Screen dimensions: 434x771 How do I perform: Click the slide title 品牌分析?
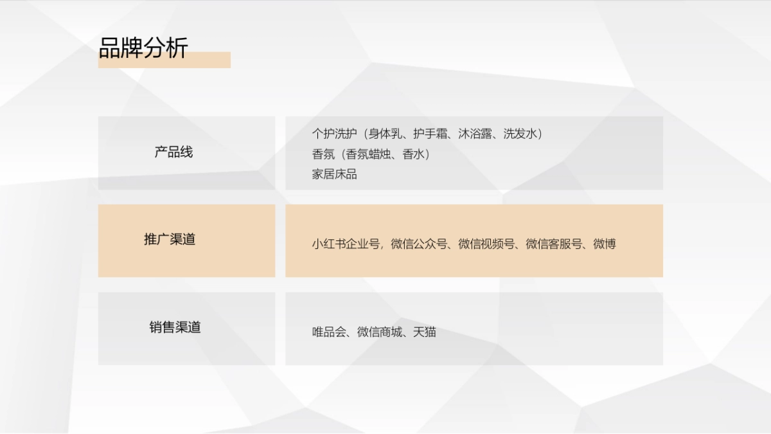tap(143, 48)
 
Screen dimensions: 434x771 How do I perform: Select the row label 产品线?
tap(173, 152)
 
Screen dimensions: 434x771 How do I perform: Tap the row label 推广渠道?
tap(170, 240)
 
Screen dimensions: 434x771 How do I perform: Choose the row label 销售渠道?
tap(175, 327)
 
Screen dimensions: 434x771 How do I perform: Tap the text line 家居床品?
tap(334, 174)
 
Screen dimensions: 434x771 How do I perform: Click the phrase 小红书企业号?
tap(346, 244)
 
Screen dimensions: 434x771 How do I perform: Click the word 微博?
tap(605, 244)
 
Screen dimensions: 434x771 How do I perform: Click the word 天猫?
tap(425, 332)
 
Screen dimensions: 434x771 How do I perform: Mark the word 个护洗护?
tap(334, 134)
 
